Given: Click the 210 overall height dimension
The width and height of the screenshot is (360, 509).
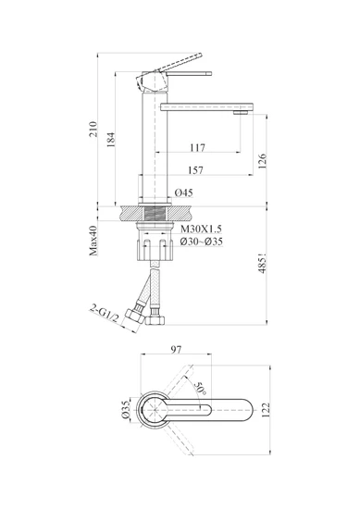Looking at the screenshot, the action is tap(93, 129).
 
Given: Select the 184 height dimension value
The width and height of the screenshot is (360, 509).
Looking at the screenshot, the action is tap(111, 140).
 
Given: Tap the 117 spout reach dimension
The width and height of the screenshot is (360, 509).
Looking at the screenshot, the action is tap(198, 148).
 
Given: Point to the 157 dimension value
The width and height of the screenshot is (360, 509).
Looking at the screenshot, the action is tap(196, 170).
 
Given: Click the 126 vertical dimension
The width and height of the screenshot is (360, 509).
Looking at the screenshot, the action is tap(262, 161).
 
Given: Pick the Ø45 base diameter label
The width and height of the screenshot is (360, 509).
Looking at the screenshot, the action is tap(184, 192).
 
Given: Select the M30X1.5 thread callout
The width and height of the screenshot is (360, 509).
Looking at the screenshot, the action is tap(201, 230).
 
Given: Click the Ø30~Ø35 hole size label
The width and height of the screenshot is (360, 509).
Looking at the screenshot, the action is tap(202, 242).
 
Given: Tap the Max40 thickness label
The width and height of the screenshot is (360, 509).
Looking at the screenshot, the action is tap(93, 241).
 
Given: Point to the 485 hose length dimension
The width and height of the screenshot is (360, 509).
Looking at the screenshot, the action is tap(262, 263).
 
